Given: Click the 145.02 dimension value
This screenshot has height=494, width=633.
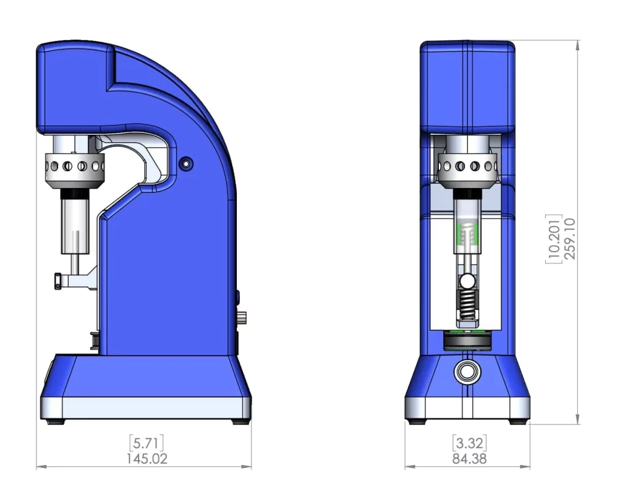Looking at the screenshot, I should [x=147, y=459].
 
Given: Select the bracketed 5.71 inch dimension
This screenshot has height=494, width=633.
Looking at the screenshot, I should [x=147, y=443].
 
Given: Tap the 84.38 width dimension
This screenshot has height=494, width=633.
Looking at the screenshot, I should [x=469, y=459].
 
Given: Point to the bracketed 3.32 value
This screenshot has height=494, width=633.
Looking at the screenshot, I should [x=469, y=443].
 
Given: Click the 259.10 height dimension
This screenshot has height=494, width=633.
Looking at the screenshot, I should [x=569, y=239].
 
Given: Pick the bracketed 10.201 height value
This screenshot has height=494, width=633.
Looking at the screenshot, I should [x=553, y=239].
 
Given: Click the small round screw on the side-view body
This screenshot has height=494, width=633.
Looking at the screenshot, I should [x=185, y=164].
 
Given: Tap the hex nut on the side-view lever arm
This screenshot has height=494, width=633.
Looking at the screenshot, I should [x=57, y=281].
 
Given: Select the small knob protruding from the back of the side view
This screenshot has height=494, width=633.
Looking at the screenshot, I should [x=242, y=318].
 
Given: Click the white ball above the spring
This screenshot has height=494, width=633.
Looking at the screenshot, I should [x=467, y=281].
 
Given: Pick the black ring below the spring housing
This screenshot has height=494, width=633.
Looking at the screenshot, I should [x=467, y=340].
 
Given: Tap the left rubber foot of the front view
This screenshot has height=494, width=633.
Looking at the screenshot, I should [x=416, y=422].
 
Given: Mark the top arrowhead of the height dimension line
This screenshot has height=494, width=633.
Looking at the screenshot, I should [x=578, y=44].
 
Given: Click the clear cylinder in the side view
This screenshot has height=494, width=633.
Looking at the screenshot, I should [x=75, y=226].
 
